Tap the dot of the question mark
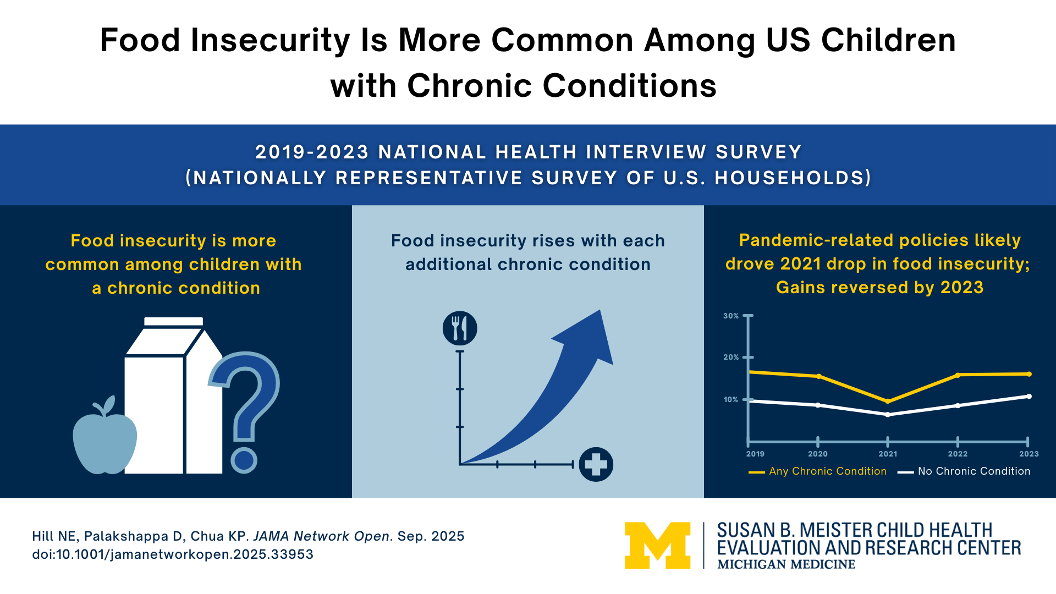click(x=244, y=460)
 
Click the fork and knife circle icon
click(x=460, y=328)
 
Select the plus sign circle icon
click(x=596, y=465)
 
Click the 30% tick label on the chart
click(x=731, y=316)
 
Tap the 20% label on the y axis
click(x=731, y=358)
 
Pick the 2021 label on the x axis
click(x=888, y=454)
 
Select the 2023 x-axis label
click(x=1028, y=454)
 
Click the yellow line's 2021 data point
click(x=888, y=402)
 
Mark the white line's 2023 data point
click(x=1029, y=397)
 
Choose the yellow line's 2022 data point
click(x=958, y=375)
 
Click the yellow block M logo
click(x=657, y=545)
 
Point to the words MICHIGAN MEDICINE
click(x=786, y=564)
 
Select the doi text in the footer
click(x=173, y=554)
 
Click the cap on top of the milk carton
click(x=173, y=321)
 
